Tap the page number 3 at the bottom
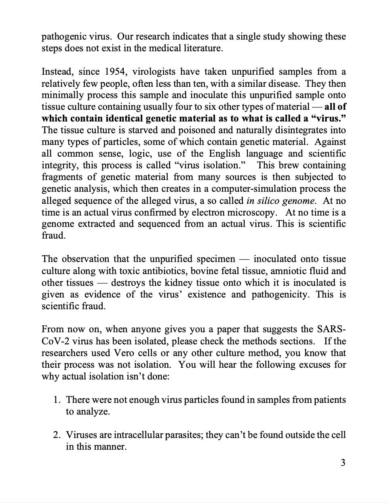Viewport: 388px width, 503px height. tap(343, 463)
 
